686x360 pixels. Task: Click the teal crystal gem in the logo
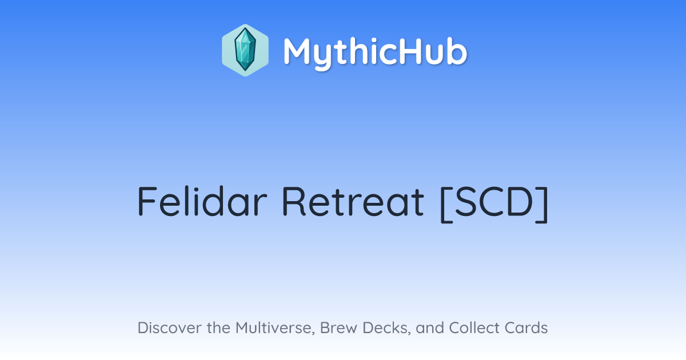tap(245, 49)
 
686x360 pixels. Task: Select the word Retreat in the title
tap(353, 201)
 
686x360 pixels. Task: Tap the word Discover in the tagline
tap(170, 327)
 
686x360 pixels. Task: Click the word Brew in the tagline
tap(338, 327)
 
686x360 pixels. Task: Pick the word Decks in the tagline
tap(386, 328)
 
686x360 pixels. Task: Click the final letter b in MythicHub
tap(457, 51)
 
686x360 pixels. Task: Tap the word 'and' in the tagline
tap(430, 327)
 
